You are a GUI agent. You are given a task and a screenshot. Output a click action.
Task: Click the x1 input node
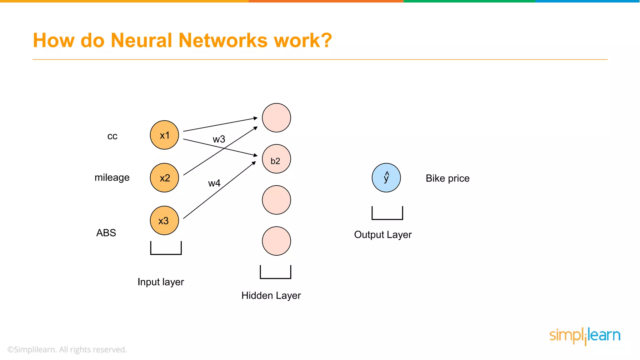coord(164,135)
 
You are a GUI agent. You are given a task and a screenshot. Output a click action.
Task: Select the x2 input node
coord(164,177)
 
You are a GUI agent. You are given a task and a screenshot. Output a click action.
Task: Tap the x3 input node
coord(164,220)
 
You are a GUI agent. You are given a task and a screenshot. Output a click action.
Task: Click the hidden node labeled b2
coord(276,159)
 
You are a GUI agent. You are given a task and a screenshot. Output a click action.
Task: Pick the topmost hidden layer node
coord(276,118)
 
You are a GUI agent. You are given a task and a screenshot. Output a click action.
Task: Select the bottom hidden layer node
coord(276,241)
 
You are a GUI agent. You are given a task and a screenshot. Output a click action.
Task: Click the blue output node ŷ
coord(386,177)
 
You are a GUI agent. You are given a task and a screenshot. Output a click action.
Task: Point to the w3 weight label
coord(219,139)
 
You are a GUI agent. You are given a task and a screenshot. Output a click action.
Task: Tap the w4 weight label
coord(214,183)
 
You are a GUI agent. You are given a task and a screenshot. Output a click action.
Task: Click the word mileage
coord(112,177)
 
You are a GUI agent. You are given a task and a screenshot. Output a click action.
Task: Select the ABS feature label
coord(106,233)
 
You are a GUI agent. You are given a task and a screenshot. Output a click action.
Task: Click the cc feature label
coord(112,136)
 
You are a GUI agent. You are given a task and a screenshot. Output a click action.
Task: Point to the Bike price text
coord(447,178)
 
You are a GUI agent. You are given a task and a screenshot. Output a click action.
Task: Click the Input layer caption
coord(161,282)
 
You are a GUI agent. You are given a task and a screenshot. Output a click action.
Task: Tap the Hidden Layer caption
coord(271,295)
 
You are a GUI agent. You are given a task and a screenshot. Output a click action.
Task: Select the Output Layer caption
coord(383,234)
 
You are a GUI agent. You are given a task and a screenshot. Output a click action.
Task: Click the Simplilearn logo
coord(585,336)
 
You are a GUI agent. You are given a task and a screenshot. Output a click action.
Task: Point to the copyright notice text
coord(67,349)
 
